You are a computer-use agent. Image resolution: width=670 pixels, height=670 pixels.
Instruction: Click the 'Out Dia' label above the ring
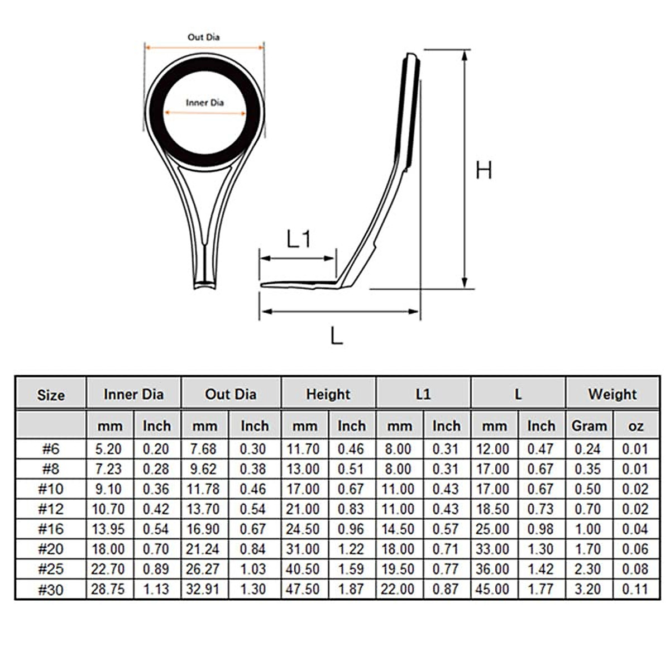(x=204, y=37)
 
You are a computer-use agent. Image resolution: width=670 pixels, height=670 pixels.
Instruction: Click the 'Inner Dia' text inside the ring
(x=205, y=103)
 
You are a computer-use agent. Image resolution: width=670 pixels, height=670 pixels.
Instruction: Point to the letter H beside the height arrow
(x=484, y=170)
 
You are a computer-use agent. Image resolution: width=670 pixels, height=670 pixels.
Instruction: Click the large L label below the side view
(x=336, y=336)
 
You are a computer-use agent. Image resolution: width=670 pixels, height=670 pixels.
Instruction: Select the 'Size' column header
(x=51, y=395)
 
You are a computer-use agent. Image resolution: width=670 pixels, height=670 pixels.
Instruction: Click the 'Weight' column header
(x=612, y=394)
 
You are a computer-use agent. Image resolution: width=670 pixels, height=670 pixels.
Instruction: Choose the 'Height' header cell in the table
(x=328, y=394)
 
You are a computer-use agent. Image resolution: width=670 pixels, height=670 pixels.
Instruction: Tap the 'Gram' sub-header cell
(x=589, y=426)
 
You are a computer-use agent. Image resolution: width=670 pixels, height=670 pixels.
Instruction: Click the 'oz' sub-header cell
(x=636, y=426)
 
